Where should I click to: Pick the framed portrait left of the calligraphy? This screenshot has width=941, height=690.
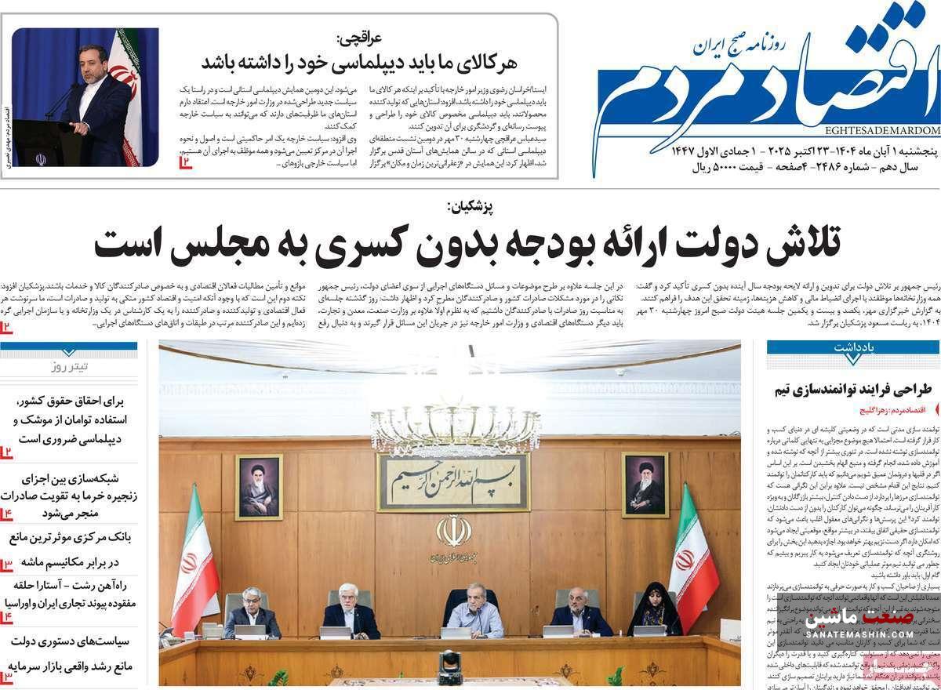pos(258,487)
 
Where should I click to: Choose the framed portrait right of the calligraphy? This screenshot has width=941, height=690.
pos(645,485)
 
